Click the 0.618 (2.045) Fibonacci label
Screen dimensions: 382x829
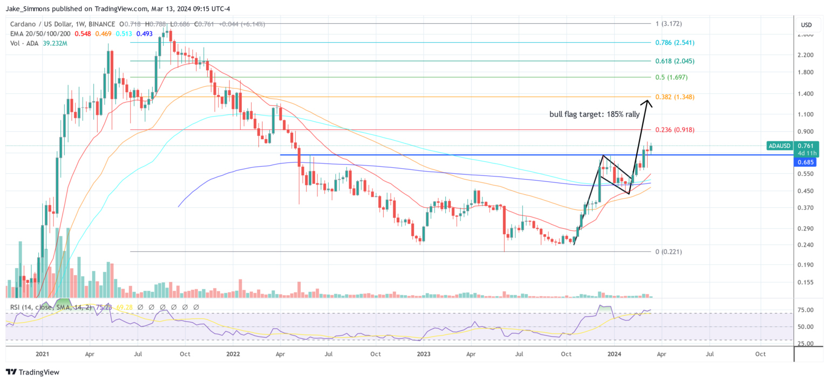click(x=675, y=61)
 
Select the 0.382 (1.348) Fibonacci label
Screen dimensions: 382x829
click(x=675, y=97)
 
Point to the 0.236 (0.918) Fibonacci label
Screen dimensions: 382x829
click(x=675, y=130)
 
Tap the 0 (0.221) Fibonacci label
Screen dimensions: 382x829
click(x=669, y=251)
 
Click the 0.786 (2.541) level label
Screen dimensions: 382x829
click(x=675, y=42)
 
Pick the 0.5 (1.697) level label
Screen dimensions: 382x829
click(x=672, y=77)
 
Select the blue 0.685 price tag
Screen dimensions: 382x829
click(x=805, y=162)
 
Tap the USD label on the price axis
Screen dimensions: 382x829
click(x=806, y=25)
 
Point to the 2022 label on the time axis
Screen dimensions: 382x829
click(x=233, y=354)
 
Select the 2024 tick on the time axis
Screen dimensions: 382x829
click(x=614, y=354)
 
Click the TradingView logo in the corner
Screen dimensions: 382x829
click(x=32, y=372)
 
